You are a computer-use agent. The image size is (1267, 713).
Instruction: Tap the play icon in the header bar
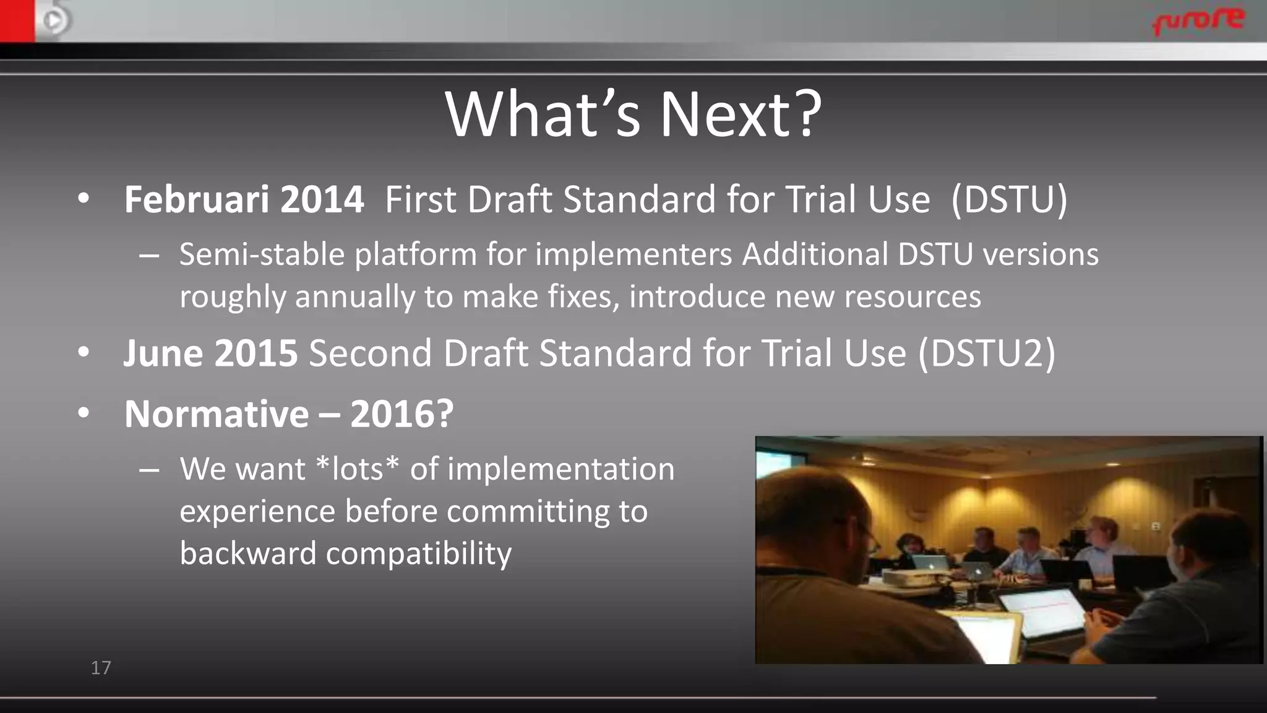tap(54, 21)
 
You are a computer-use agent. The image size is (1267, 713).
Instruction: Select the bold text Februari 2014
tap(244, 200)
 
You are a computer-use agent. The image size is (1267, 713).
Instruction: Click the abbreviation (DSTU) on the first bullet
tap(1009, 200)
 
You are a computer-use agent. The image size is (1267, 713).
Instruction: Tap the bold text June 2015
tap(210, 353)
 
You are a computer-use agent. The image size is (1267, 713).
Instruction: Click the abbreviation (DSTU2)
tap(986, 353)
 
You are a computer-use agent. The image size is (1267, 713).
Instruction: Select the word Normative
tap(217, 414)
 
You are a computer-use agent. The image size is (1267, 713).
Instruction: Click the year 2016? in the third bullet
tap(402, 414)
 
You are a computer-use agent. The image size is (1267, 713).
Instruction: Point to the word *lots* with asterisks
tap(357, 469)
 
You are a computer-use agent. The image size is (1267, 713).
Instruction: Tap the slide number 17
tap(101, 668)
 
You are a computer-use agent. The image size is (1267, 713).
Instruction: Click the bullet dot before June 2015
tap(84, 352)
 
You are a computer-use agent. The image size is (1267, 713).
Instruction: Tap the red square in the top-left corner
tap(17, 20)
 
